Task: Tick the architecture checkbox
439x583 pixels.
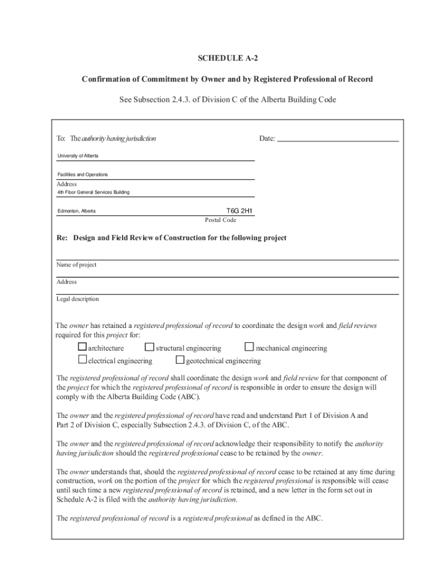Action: pos(82,347)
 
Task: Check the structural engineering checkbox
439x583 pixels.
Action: pos(149,347)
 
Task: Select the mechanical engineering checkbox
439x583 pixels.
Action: pos(249,347)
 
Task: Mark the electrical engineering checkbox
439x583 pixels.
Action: pos(82,360)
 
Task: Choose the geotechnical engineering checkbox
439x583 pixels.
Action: pos(180,360)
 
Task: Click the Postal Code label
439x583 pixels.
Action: pos(221,220)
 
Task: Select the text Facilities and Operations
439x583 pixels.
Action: pos(82,174)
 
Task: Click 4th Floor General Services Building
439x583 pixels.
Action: pos(93,192)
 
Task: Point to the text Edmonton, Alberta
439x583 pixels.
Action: pos(76,211)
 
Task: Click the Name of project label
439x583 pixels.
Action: pos(76,265)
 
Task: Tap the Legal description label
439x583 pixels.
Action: pos(78,299)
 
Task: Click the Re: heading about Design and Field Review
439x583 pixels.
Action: pos(172,238)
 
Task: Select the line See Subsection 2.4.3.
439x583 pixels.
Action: pos(227,100)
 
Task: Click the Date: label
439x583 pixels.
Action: pos(267,138)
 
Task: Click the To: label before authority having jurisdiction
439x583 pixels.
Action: pos(61,138)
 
